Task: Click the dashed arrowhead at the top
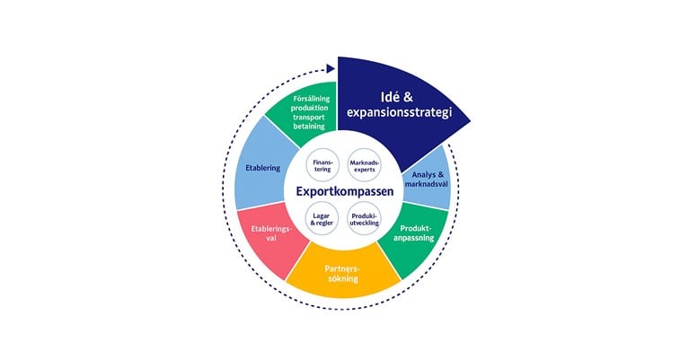331,68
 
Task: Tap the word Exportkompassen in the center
345,192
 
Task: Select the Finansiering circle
322,165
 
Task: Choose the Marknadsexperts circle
365,165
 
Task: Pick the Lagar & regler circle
322,219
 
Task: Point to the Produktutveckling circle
365,219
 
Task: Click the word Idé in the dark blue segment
390,97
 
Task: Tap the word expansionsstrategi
399,112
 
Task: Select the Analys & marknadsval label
427,180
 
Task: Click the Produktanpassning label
413,233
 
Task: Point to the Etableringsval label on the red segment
271,233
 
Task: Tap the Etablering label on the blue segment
263,168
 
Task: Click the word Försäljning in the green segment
311,99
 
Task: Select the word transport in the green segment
309,118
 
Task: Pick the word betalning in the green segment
309,127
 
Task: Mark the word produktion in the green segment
309,108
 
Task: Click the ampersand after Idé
408,98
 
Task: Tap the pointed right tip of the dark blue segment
470,120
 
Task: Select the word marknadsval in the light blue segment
427,184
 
